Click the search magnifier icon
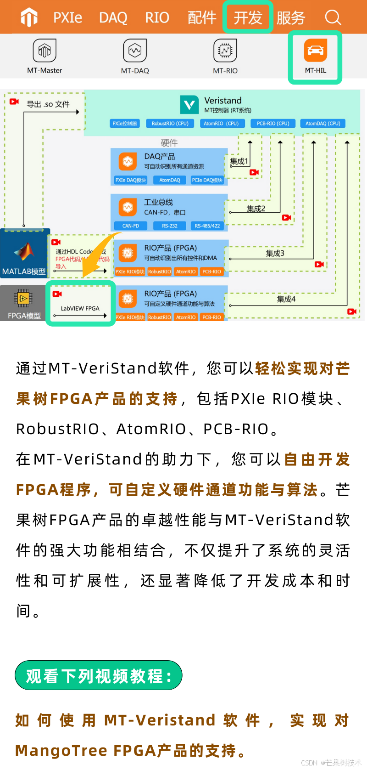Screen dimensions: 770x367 tap(333, 17)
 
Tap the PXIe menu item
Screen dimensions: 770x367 tap(67, 17)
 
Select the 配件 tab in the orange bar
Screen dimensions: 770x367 tap(202, 17)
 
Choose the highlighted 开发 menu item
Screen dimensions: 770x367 tap(248, 17)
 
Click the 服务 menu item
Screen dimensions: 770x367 tap(291, 17)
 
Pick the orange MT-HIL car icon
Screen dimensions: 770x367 tap(316, 50)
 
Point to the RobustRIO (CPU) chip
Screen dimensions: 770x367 tap(170, 124)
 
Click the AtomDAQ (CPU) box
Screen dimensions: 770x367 tap(323, 124)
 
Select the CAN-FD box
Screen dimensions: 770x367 tap(131, 226)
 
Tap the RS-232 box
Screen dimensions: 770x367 tap(170, 226)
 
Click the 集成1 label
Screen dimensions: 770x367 tap(239, 161)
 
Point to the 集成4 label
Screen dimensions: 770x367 tap(286, 299)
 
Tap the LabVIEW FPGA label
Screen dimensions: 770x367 tap(80, 308)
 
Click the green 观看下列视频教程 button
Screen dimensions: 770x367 tap(99, 675)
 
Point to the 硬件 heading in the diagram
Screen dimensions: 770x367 tap(169, 143)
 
